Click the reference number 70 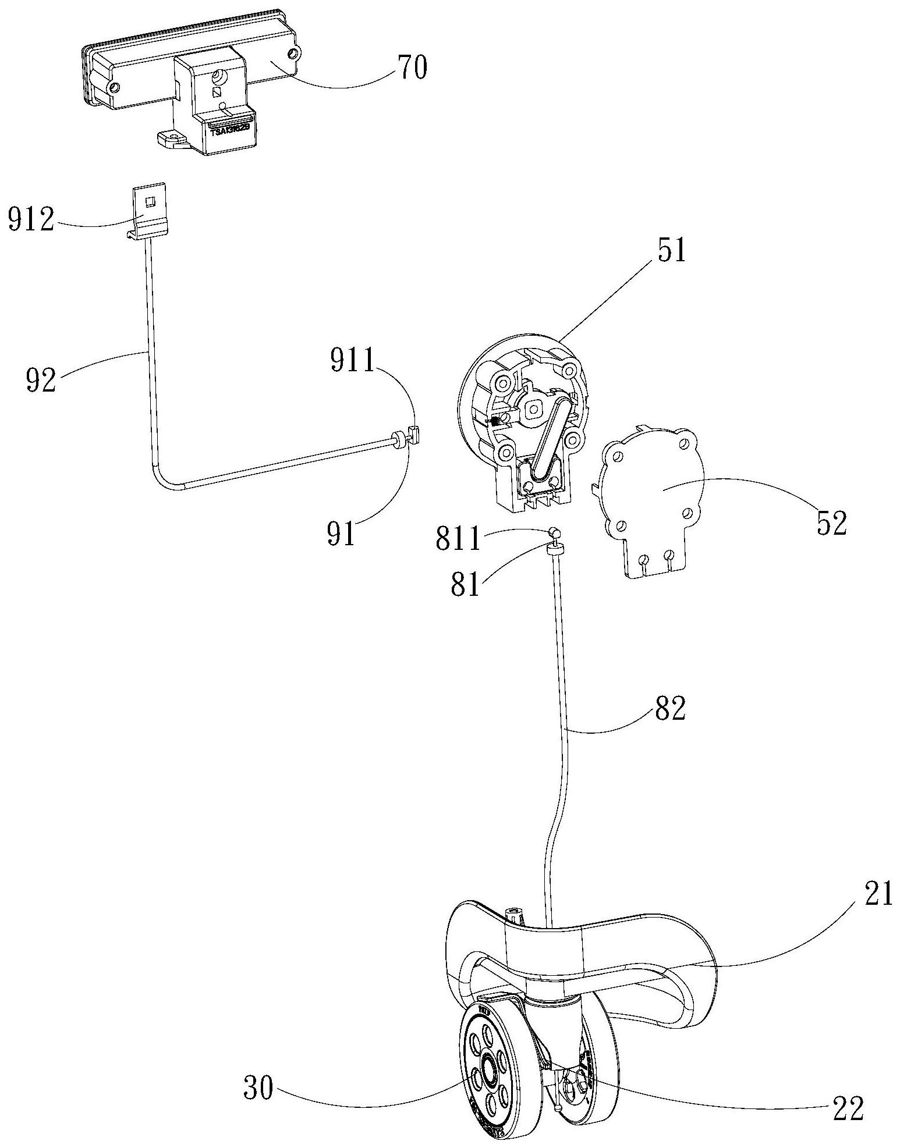click(x=413, y=68)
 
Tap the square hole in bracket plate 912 click(x=150, y=201)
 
